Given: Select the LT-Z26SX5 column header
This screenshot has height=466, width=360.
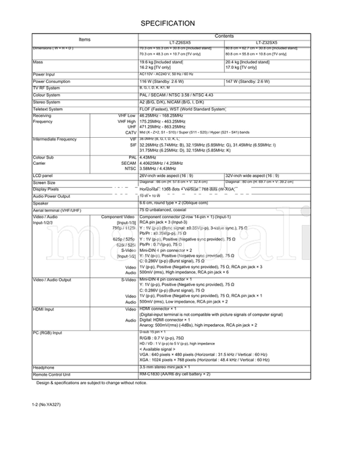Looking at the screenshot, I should coord(181,42).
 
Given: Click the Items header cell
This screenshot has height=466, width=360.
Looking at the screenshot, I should coord(84,39).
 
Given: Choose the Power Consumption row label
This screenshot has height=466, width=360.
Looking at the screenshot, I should coord(51,81).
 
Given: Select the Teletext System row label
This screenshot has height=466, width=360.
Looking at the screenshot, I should coord(47,108).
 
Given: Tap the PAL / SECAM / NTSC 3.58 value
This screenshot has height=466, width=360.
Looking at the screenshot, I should coord(176,95).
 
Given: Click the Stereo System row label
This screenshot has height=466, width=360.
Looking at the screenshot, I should coord(45,102).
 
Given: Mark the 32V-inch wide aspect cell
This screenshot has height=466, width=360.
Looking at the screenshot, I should coord(256,175).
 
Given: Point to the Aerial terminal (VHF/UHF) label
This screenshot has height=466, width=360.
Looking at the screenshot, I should coord(57,210).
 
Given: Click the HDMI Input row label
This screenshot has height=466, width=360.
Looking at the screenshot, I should coord(43,307).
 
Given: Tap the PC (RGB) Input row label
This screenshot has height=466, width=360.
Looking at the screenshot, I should coord(47,333).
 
